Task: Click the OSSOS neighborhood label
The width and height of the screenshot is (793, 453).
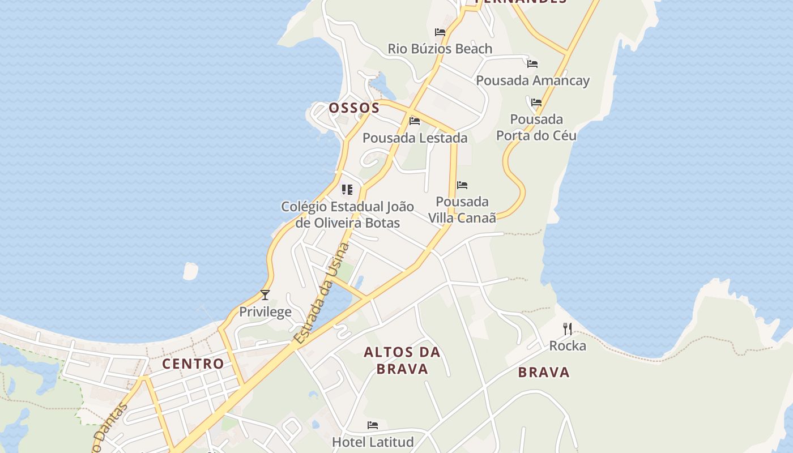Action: point(354,108)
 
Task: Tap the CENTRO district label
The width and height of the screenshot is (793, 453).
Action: point(193,364)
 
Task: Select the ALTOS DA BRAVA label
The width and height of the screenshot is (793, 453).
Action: point(402,361)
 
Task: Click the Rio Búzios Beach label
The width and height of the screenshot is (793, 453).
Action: point(440,49)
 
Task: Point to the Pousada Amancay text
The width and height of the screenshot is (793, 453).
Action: point(532,80)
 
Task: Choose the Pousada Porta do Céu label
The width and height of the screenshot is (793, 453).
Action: point(536,127)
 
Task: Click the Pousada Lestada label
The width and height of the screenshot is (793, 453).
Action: point(415,138)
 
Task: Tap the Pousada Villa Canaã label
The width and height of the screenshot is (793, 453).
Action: point(462,210)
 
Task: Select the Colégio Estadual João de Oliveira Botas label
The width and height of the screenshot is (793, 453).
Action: point(347,215)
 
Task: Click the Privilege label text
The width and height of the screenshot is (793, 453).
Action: point(265,311)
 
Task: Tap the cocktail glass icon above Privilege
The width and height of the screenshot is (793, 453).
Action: point(265,294)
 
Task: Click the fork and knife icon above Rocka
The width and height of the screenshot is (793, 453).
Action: point(567,328)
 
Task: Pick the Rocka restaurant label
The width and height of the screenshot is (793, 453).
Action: point(568,345)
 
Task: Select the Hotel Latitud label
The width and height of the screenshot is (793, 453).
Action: point(373,442)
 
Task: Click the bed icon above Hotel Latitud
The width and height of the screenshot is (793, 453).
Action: point(372,425)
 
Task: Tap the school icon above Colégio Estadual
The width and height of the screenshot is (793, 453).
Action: point(347,190)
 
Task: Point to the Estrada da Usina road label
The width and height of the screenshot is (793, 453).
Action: point(321,294)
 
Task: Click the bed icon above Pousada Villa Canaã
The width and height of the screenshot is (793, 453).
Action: point(462,185)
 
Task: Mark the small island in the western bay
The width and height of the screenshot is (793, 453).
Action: point(190,271)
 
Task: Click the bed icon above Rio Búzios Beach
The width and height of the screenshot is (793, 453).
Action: point(440,32)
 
